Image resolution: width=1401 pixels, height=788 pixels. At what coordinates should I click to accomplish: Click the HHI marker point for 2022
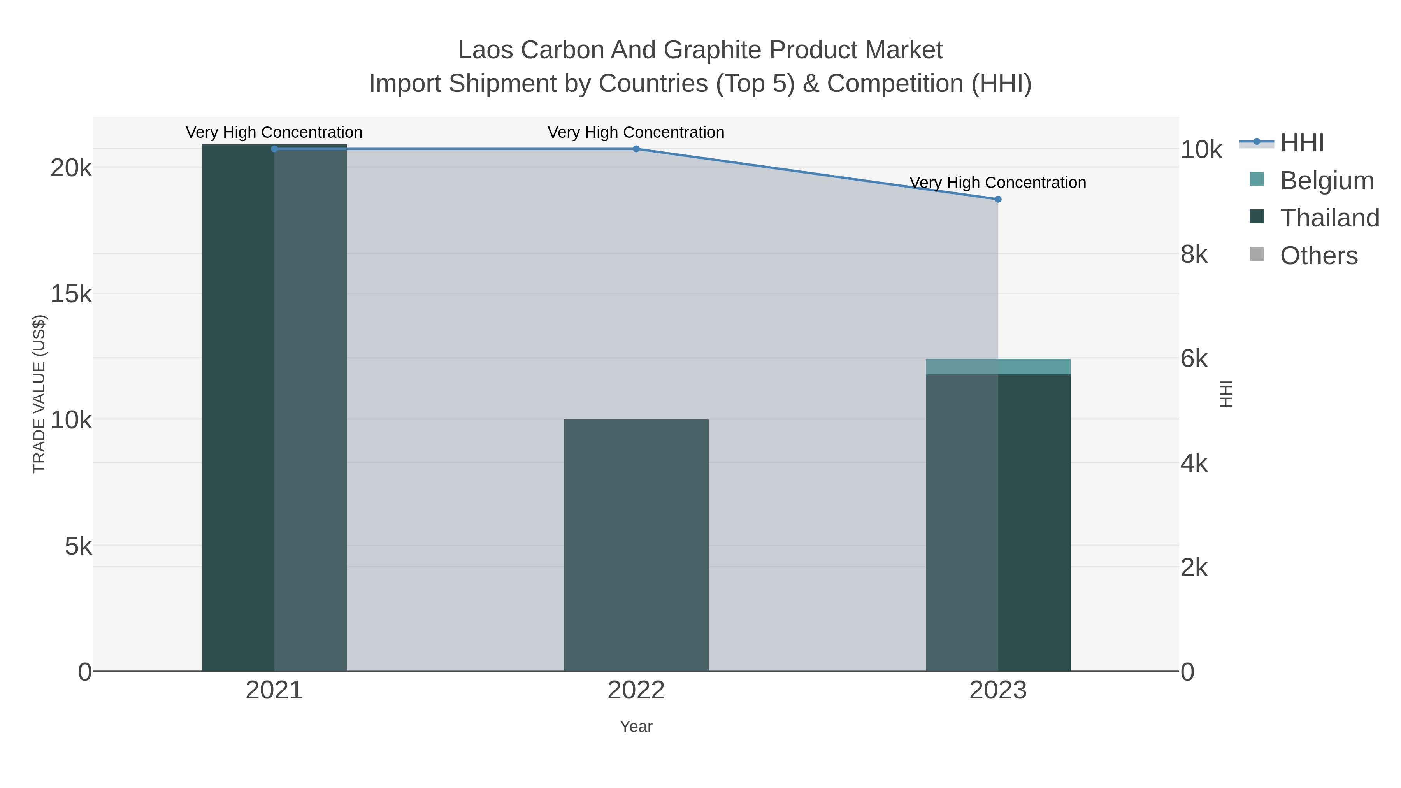pos(636,149)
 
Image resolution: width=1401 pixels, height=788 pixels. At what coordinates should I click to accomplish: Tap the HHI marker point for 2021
pos(274,149)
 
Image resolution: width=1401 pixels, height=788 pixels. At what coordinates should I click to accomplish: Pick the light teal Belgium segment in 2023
pos(998,367)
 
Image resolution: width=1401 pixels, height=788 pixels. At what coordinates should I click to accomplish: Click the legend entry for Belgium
pos(1327,181)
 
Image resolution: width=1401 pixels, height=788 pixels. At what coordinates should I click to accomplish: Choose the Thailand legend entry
pos(1329,218)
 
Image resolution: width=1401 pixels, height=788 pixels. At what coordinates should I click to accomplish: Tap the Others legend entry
pos(1318,256)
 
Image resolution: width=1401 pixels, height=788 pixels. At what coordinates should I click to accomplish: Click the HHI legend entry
pos(1301,143)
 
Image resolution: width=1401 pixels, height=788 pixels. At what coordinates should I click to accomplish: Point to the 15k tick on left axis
pos(71,294)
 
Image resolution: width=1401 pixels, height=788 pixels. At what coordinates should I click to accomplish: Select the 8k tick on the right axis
pos(1194,254)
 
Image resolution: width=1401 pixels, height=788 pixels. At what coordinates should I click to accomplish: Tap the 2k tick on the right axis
pos(1194,568)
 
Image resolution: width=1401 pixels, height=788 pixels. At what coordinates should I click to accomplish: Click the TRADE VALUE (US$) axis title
pos(39,394)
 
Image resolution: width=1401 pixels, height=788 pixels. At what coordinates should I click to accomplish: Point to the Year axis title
pos(636,727)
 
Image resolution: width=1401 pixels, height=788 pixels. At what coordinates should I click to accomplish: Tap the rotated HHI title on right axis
pos(1226,394)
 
